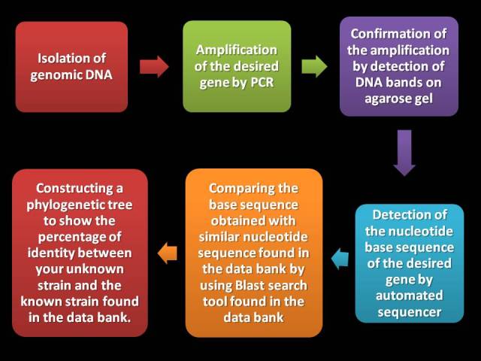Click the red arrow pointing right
click(154, 67)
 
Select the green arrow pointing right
click(314, 67)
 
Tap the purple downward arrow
click(404, 153)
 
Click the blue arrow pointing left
click(340, 259)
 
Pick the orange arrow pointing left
click(167, 253)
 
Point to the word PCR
click(262, 83)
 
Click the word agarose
click(385, 99)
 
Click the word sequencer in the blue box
click(409, 312)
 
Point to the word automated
click(409, 296)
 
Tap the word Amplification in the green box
click(237, 50)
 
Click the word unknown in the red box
click(95, 269)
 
